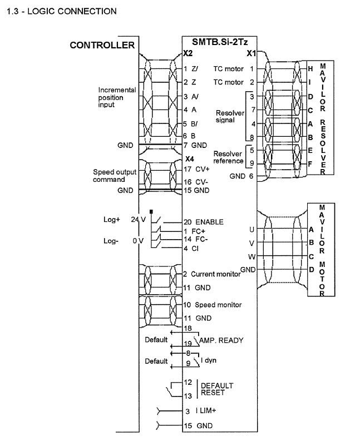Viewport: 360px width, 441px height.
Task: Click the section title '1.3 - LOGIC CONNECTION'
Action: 61,11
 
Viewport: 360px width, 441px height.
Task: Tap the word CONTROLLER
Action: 102,45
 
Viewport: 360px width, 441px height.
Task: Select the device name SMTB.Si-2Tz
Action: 220,43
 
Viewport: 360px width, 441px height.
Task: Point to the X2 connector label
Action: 188,54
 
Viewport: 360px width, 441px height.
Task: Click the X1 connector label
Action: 251,54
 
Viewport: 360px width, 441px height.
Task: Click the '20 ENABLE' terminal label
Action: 203,222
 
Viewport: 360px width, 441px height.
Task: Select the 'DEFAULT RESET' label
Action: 216,389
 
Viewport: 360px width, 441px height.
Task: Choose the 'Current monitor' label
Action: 213,274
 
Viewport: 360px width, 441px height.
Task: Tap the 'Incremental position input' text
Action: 117,97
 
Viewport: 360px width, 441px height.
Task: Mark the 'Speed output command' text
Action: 114,176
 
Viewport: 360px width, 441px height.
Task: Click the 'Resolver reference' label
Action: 228,157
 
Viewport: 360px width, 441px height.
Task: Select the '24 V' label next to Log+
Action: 137,220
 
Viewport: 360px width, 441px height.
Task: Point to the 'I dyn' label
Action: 208,360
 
